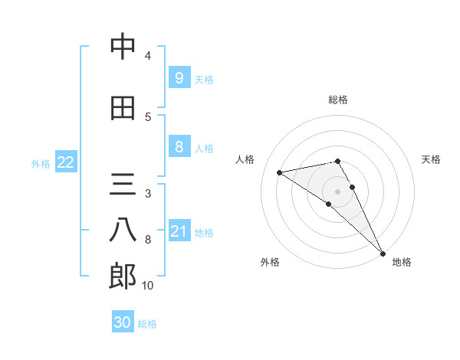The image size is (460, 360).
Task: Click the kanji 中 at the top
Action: point(122,47)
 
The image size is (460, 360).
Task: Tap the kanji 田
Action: point(122,108)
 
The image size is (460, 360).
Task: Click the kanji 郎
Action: point(122,276)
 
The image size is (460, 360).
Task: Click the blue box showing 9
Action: point(179,78)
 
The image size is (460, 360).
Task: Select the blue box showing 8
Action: point(179,147)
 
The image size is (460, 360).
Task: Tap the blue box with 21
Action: point(179,231)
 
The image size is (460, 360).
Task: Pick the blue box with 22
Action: point(65,162)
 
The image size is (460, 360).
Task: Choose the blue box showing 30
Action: point(123,322)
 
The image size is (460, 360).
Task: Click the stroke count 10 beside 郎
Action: point(148,286)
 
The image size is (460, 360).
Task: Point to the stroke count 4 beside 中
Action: point(148,56)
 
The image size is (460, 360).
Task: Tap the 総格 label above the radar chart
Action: point(338,100)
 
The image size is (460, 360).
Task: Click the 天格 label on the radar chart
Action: point(431,159)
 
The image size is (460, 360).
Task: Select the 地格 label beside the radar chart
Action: point(402,263)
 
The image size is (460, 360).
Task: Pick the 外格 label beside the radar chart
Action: point(270,263)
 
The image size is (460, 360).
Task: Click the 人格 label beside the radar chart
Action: point(245,159)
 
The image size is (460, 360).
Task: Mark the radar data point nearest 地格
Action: point(383,252)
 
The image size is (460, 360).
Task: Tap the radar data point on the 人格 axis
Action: point(280,172)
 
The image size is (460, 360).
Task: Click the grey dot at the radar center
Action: point(338,191)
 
